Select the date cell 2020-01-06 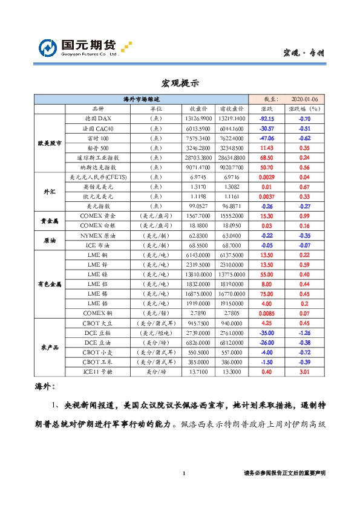[x=308, y=99]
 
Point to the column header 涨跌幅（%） [x=304, y=108]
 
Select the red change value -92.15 [x=267, y=119]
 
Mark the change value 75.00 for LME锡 [x=267, y=294]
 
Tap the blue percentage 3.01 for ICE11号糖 [x=304, y=371]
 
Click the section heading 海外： [x=45, y=385]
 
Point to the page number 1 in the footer [x=183, y=473]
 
